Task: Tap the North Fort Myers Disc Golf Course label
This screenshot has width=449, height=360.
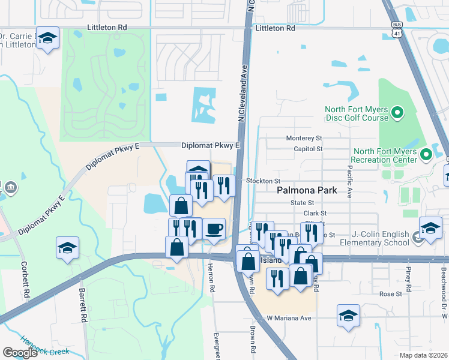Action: click(x=357, y=113)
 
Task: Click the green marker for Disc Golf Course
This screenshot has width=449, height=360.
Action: click(x=397, y=112)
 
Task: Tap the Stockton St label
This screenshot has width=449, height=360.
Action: click(x=264, y=181)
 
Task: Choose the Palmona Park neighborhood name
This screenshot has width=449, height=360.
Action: click(x=306, y=191)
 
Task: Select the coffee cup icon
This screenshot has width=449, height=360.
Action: click(x=214, y=229)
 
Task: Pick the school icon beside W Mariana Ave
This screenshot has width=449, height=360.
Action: click(x=348, y=316)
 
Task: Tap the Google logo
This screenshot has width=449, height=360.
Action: click(x=20, y=353)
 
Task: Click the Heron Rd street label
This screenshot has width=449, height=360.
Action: click(x=211, y=277)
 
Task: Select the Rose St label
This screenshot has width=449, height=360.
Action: click(x=390, y=294)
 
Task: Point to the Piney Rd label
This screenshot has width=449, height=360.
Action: click(x=408, y=277)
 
